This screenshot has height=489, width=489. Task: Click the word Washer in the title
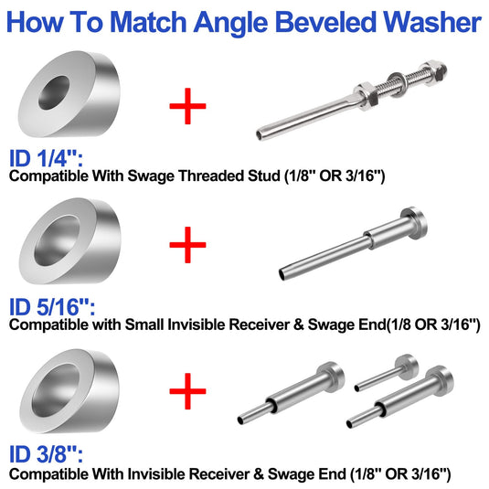tap(432, 22)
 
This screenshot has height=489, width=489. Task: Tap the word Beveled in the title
tap(325, 22)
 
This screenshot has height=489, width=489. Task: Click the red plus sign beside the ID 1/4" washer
tap(187, 106)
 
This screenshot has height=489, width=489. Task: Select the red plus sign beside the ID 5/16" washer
tap(187, 245)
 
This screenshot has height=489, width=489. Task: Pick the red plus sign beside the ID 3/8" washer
tap(187, 391)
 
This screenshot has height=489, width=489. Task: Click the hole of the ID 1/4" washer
tap(53, 92)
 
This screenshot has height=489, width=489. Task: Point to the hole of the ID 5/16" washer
tap(57, 240)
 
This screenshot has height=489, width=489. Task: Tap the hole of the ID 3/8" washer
tap(56, 390)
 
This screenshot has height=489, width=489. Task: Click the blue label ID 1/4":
tap(46, 158)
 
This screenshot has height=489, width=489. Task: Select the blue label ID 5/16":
tap(52, 307)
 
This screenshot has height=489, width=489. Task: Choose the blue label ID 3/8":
tap(46, 454)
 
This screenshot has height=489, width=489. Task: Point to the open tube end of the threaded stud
tap(260, 135)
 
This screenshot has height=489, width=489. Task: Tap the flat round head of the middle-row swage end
tap(415, 223)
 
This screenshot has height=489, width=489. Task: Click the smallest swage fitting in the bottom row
tap(387, 372)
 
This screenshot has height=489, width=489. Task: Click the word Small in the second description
tap(144, 324)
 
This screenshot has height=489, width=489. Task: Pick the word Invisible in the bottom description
tap(157, 474)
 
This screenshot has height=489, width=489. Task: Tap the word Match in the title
tap(148, 22)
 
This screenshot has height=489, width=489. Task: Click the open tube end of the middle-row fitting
tap(282, 274)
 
